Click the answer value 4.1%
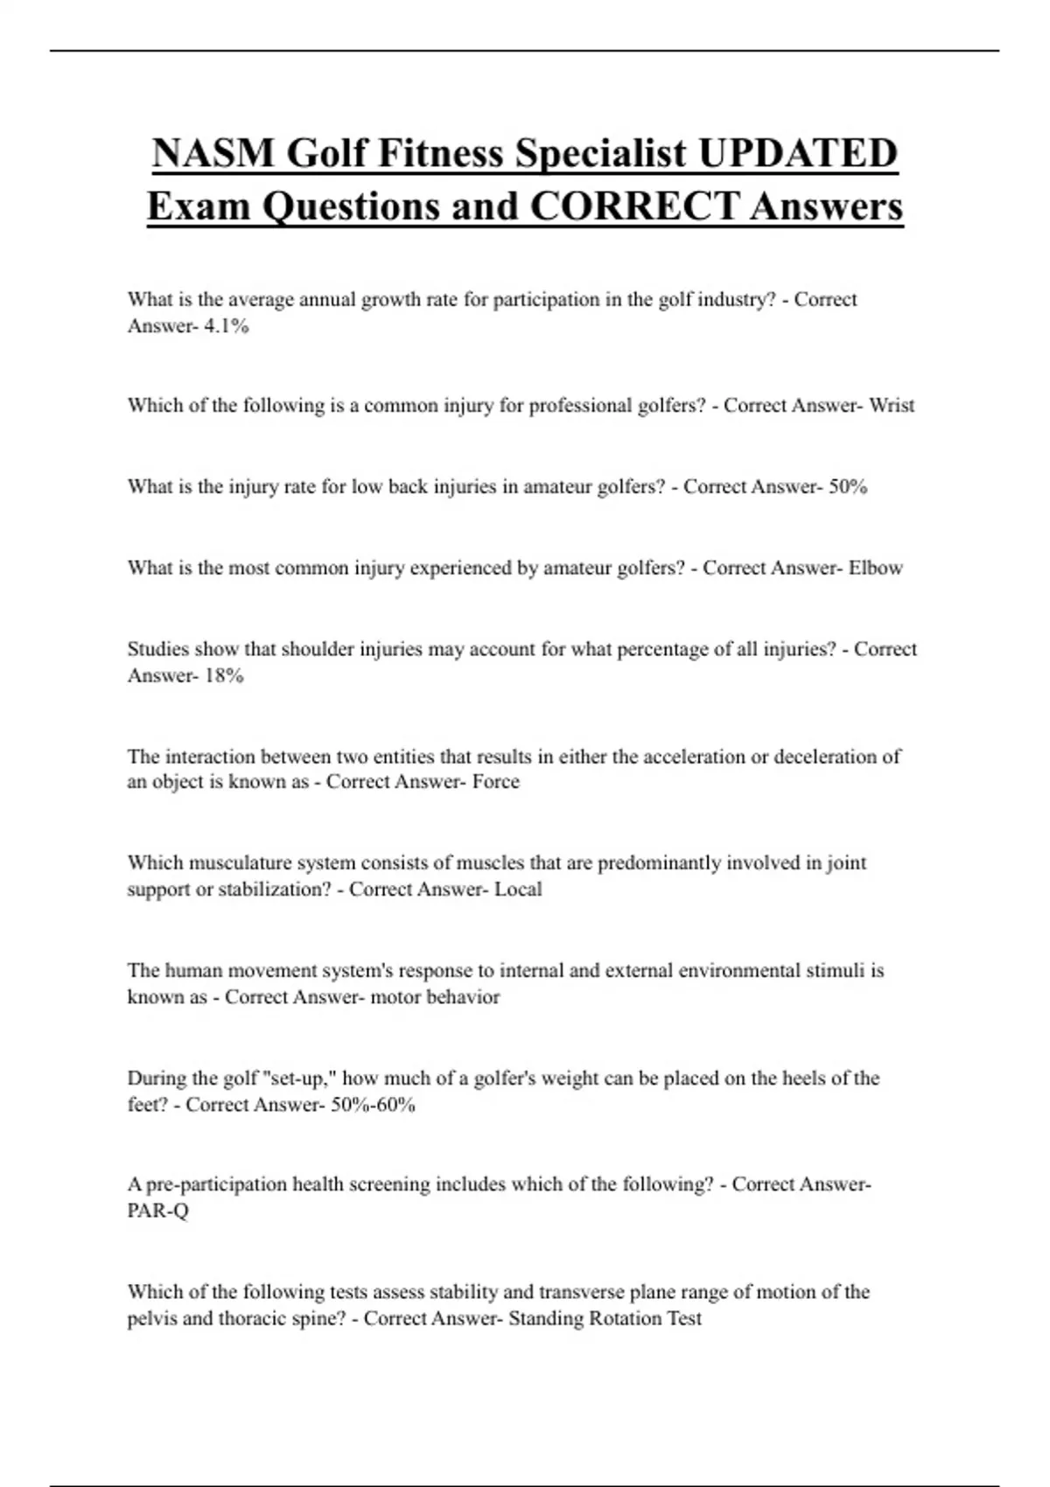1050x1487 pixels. pyautogui.click(x=226, y=326)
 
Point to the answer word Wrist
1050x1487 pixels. pyautogui.click(x=892, y=406)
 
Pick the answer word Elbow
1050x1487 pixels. pyautogui.click(x=875, y=569)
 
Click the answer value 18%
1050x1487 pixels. pyautogui.click(x=223, y=676)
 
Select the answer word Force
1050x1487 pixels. pyautogui.click(x=495, y=782)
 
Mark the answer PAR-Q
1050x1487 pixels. pyautogui.click(x=157, y=1211)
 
